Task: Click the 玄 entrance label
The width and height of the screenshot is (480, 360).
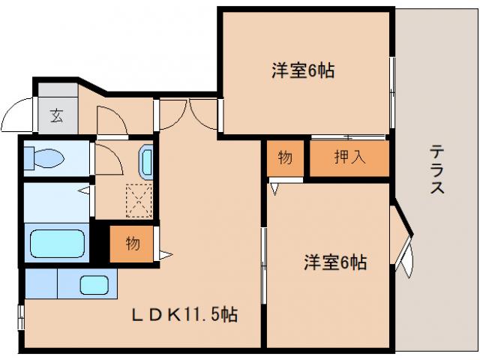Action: coord(56,115)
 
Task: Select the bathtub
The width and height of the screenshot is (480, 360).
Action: coord(57,243)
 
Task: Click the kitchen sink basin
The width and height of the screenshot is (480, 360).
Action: coord(94,285)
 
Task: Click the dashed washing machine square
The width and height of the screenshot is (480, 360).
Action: coord(139,200)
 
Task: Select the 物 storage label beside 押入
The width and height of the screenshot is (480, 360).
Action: coord(285,158)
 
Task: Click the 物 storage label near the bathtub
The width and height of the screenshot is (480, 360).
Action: coord(132,243)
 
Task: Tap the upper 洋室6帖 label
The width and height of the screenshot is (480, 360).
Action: coord(302,72)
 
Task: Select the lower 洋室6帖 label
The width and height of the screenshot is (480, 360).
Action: coord(334,262)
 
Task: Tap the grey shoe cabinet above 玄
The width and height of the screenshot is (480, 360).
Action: coord(56,90)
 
